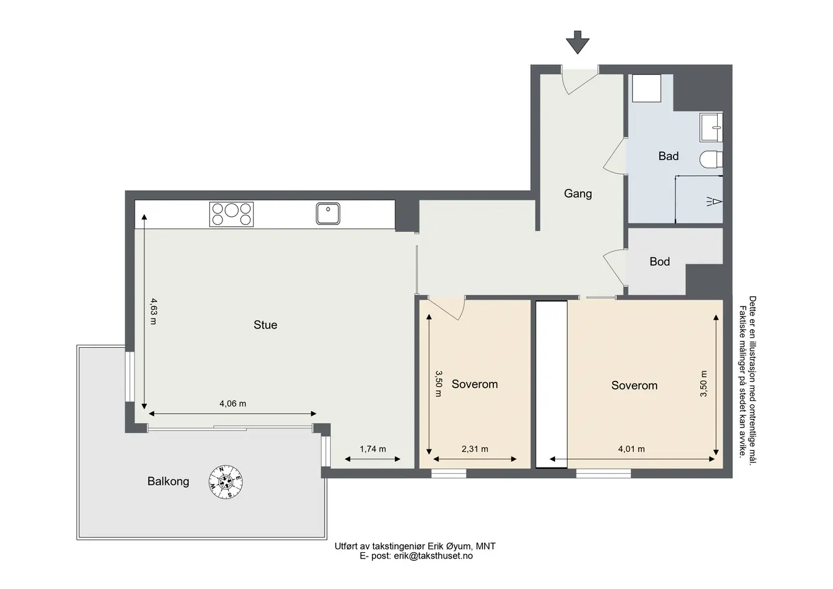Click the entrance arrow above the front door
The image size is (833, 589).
click(578, 42)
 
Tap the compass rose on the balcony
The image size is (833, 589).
click(226, 482)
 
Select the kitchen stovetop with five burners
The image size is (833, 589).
click(231, 214)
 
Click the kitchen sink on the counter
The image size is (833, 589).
click(328, 214)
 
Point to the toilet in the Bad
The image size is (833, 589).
click(711, 160)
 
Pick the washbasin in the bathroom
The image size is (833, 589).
click(712, 127)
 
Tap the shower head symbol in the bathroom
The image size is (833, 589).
click(714, 202)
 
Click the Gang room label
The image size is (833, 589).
click(578, 193)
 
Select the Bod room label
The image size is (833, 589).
click(660, 262)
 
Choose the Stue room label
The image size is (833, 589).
click(265, 325)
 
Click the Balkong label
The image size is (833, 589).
click(168, 481)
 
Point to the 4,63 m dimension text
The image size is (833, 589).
click(153, 311)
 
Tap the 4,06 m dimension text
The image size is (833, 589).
click(233, 404)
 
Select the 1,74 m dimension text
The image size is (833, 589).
click(373, 449)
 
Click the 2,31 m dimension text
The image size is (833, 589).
click(475, 449)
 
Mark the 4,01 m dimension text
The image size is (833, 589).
click(631, 449)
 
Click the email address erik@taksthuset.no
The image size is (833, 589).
click(433, 556)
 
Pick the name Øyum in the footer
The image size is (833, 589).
click(460, 547)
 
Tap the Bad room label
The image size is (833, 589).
click(669, 156)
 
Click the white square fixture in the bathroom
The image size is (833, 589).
click(647, 88)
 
